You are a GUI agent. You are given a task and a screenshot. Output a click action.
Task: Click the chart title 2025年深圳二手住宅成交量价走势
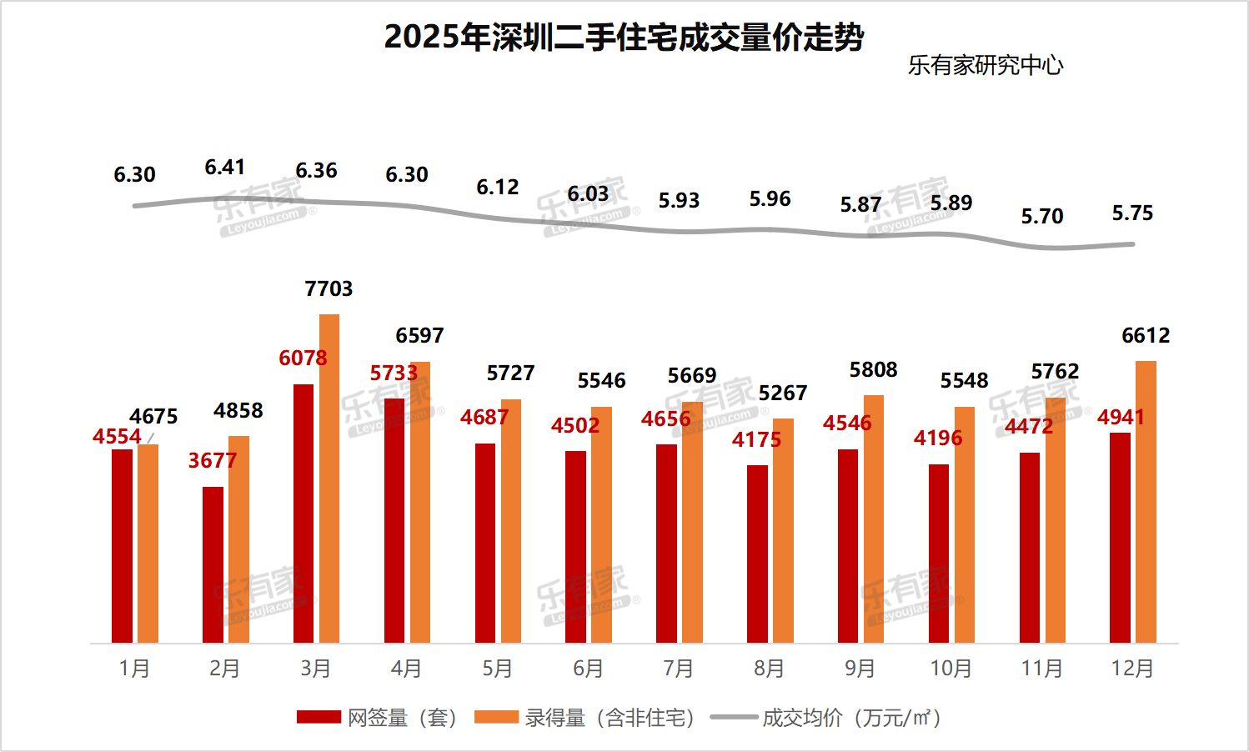tap(624, 38)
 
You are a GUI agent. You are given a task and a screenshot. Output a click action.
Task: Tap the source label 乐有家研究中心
tap(985, 65)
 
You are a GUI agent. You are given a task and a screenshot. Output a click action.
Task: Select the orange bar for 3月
tap(329, 479)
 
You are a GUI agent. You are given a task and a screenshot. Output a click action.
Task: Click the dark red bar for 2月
tap(213, 564)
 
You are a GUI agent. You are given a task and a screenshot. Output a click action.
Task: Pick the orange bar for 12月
tap(1146, 502)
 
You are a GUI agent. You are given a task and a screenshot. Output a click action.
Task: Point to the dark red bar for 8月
tap(757, 554)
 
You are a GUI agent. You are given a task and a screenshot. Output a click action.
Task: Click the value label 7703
tap(329, 289)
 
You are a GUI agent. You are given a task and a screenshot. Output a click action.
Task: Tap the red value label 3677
tap(213, 460)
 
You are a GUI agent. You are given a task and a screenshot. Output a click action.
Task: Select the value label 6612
tap(1146, 336)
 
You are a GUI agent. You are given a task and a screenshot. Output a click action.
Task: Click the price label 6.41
tap(225, 168)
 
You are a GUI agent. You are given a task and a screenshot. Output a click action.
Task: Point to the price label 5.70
tap(1042, 217)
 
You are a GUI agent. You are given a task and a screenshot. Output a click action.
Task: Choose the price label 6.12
tap(498, 188)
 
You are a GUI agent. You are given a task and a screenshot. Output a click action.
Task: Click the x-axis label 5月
tap(498, 669)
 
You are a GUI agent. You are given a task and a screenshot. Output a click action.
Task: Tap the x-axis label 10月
tap(951, 669)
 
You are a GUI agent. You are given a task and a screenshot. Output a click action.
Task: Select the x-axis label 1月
tap(134, 669)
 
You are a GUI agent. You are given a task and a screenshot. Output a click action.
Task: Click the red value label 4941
tap(1121, 417)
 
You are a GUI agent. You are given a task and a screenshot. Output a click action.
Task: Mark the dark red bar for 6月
tap(575, 547)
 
